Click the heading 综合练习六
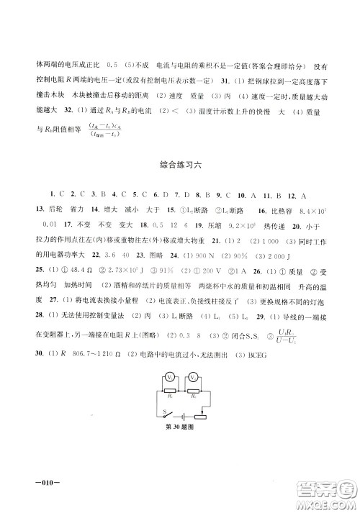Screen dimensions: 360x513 click(x=180, y=165)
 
